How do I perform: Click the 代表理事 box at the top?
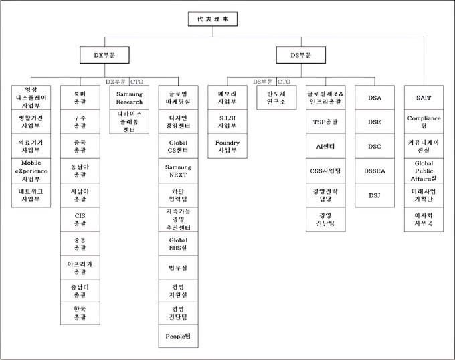pyautogui.click(x=213, y=19)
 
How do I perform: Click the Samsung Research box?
pyautogui.click(x=130, y=98)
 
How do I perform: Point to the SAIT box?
pyautogui.click(x=423, y=98)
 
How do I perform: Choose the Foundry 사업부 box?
pyautogui.click(x=226, y=146)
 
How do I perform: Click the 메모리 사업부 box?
pyautogui.click(x=226, y=98)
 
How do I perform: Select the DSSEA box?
pyautogui.click(x=375, y=171)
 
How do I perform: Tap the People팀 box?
pyautogui.click(x=177, y=335)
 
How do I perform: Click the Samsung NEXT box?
pyautogui.click(x=177, y=170)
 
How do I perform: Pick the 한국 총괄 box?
pyautogui.click(x=79, y=312)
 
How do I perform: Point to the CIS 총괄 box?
pyautogui.click(x=79, y=218)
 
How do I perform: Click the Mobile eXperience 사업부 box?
pyautogui.click(x=31, y=170)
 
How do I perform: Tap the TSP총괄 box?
pyautogui.click(x=325, y=122)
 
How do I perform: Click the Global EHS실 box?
pyautogui.click(x=177, y=243)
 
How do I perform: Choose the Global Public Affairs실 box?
pyautogui.click(x=423, y=170)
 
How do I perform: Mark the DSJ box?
pyautogui.click(x=375, y=195)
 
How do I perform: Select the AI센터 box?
pyautogui.click(x=325, y=146)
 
